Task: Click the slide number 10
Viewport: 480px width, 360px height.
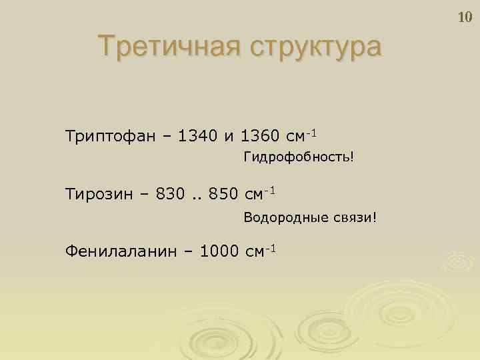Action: click(x=465, y=17)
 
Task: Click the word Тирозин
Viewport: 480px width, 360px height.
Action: click(x=99, y=195)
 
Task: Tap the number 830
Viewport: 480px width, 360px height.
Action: click(x=169, y=195)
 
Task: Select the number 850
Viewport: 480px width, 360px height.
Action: click(x=222, y=195)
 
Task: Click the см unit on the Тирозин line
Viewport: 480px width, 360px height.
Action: click(x=254, y=195)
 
